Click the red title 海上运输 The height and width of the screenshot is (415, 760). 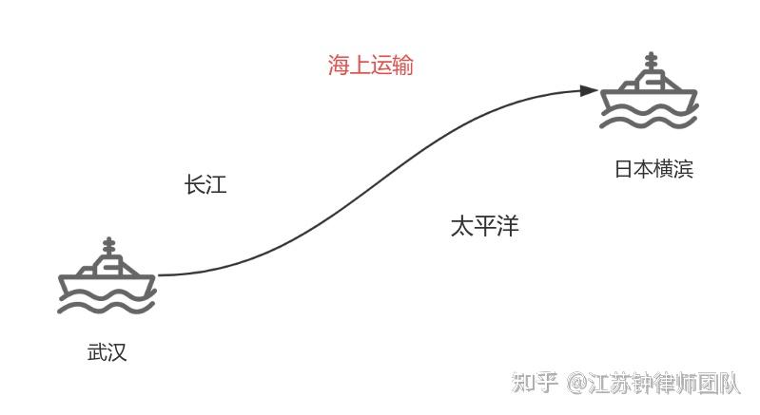[x=371, y=66]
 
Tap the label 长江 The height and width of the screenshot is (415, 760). [x=205, y=184]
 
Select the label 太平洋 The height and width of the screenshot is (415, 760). [x=484, y=226]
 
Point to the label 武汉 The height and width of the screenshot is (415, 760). [x=107, y=352]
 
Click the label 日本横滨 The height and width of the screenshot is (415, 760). [x=653, y=169]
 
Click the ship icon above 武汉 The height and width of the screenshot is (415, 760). [x=107, y=277]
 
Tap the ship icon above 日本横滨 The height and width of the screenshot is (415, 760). [x=651, y=93]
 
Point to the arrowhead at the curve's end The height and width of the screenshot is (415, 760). [x=591, y=91]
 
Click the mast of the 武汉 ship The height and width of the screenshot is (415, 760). [x=108, y=249]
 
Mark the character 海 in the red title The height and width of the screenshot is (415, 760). [x=340, y=66]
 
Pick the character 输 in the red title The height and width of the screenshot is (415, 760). [x=402, y=66]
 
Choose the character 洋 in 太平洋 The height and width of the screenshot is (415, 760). [x=507, y=226]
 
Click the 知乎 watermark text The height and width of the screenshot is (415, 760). [x=535, y=383]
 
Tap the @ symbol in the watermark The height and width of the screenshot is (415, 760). [x=577, y=384]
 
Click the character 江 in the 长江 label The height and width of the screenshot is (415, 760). [x=216, y=184]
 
